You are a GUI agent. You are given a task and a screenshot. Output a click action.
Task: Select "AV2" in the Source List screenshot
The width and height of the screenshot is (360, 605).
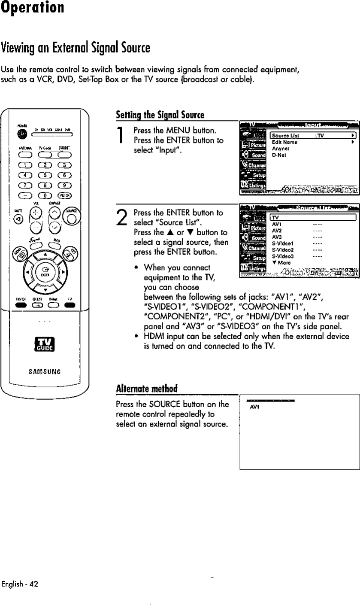(277, 230)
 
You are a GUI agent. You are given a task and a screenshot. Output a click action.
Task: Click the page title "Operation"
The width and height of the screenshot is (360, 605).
(33, 9)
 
